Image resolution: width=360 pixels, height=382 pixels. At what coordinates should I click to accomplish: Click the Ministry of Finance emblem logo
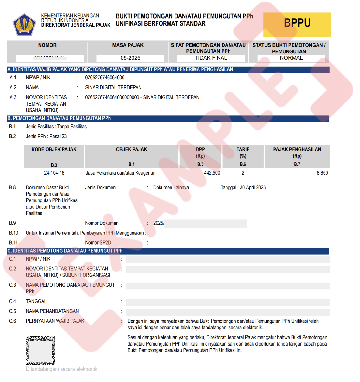coord(24,24)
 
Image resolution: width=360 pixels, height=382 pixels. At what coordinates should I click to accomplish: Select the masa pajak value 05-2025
coord(130,58)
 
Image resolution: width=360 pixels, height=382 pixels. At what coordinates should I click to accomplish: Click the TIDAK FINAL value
coord(211,58)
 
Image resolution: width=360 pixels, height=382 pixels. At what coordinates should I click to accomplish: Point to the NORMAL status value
coord(291,58)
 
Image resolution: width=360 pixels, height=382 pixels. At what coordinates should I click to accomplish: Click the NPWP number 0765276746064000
coord(105,78)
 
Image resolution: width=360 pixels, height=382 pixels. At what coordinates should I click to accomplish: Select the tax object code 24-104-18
coord(54,173)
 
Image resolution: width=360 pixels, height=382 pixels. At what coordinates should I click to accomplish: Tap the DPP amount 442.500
coord(212,173)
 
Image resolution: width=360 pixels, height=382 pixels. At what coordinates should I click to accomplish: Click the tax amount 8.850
coord(322,173)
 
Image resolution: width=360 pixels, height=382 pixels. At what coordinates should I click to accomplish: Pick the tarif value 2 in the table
coord(243,173)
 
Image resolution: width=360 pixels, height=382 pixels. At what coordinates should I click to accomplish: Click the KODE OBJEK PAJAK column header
coord(54,149)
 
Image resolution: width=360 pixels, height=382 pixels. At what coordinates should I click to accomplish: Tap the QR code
coord(40,350)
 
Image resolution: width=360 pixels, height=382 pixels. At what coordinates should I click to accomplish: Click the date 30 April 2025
coord(253,188)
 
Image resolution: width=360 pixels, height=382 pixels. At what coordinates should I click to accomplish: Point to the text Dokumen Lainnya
coord(171,188)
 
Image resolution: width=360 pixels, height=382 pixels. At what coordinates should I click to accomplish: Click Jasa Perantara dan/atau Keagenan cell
coord(120,173)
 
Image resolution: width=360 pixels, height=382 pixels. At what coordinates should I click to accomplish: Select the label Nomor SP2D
coord(98,243)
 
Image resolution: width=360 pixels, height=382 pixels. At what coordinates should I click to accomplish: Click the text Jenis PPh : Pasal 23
coord(46,136)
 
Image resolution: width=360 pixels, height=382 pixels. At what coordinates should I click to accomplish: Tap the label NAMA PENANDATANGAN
coord(52,311)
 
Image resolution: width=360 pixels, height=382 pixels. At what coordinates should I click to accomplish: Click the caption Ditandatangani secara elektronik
coord(61,369)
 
